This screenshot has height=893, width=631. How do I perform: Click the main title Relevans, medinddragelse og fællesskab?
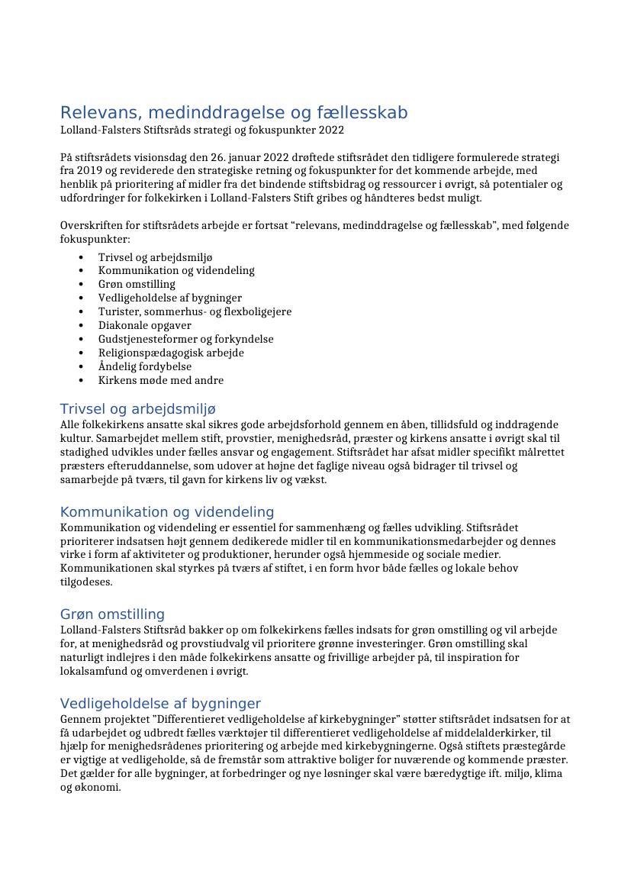click(x=233, y=113)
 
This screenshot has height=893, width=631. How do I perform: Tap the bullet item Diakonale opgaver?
click(x=144, y=325)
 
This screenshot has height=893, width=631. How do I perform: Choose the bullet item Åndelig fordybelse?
click(x=144, y=366)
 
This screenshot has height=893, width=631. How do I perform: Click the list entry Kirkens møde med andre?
click(x=160, y=380)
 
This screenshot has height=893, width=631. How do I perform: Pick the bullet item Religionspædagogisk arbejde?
click(x=171, y=353)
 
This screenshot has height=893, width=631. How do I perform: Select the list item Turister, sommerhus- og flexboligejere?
click(x=195, y=311)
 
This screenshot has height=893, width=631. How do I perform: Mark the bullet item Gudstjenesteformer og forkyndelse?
click(x=185, y=339)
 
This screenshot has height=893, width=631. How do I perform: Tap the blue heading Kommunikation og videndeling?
click(x=166, y=512)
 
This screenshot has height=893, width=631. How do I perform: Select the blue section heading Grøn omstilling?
click(x=112, y=614)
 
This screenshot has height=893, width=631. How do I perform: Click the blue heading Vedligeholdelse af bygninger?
click(x=160, y=704)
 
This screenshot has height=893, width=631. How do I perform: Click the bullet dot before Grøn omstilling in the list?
click(x=81, y=285)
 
